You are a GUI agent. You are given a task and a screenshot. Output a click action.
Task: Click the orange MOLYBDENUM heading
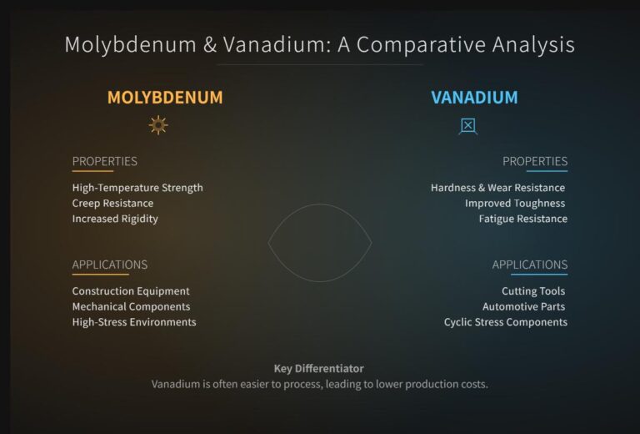coord(165,98)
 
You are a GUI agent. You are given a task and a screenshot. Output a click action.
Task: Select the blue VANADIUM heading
coord(474,98)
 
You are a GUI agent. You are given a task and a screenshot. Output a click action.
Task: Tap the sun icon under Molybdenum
coord(158,125)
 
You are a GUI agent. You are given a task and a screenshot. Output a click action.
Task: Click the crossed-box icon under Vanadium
coord(468,126)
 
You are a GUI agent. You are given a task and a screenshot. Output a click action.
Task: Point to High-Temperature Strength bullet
coord(137,188)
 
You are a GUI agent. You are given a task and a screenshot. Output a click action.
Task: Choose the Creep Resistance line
coord(112,203)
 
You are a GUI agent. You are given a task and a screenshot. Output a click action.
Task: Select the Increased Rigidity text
coord(115,219)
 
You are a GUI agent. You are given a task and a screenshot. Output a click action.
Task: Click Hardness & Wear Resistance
coord(497,188)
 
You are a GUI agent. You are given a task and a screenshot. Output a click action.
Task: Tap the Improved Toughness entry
coord(515,203)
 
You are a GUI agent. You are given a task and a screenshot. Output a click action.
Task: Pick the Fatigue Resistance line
coord(522,219)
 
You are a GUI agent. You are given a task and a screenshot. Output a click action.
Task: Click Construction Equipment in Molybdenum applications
coord(131,291)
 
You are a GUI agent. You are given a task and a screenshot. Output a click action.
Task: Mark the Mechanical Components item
coord(131,306)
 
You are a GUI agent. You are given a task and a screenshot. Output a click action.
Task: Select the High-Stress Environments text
coord(134,322)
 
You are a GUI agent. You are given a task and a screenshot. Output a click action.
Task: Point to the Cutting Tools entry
coord(533,291)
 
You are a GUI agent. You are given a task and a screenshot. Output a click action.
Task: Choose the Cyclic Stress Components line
coord(505,322)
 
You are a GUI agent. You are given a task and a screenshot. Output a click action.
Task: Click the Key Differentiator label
coord(319,368)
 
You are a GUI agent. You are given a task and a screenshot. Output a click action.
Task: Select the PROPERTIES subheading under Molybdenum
coord(105,161)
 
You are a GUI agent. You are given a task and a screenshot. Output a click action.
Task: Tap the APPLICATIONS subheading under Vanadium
coord(529,265)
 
